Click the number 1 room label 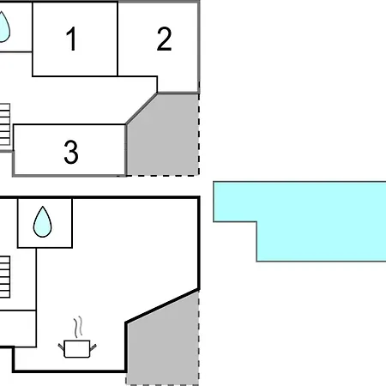pos(71,39)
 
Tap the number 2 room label pos(164,39)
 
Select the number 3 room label pos(71,152)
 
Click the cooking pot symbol pos(77,348)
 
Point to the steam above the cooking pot pos(78,327)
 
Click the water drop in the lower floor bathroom pos(43,222)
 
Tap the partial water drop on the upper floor pos(4,27)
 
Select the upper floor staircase pos(5,124)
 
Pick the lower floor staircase pos(5,277)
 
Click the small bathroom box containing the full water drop pos(45,223)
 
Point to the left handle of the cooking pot pos(61,347)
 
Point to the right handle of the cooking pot pos(93,347)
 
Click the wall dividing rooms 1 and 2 pos(118,39)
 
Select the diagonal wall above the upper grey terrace pos(142,109)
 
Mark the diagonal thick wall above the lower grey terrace pos(162,306)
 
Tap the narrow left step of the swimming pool pos(235,202)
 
